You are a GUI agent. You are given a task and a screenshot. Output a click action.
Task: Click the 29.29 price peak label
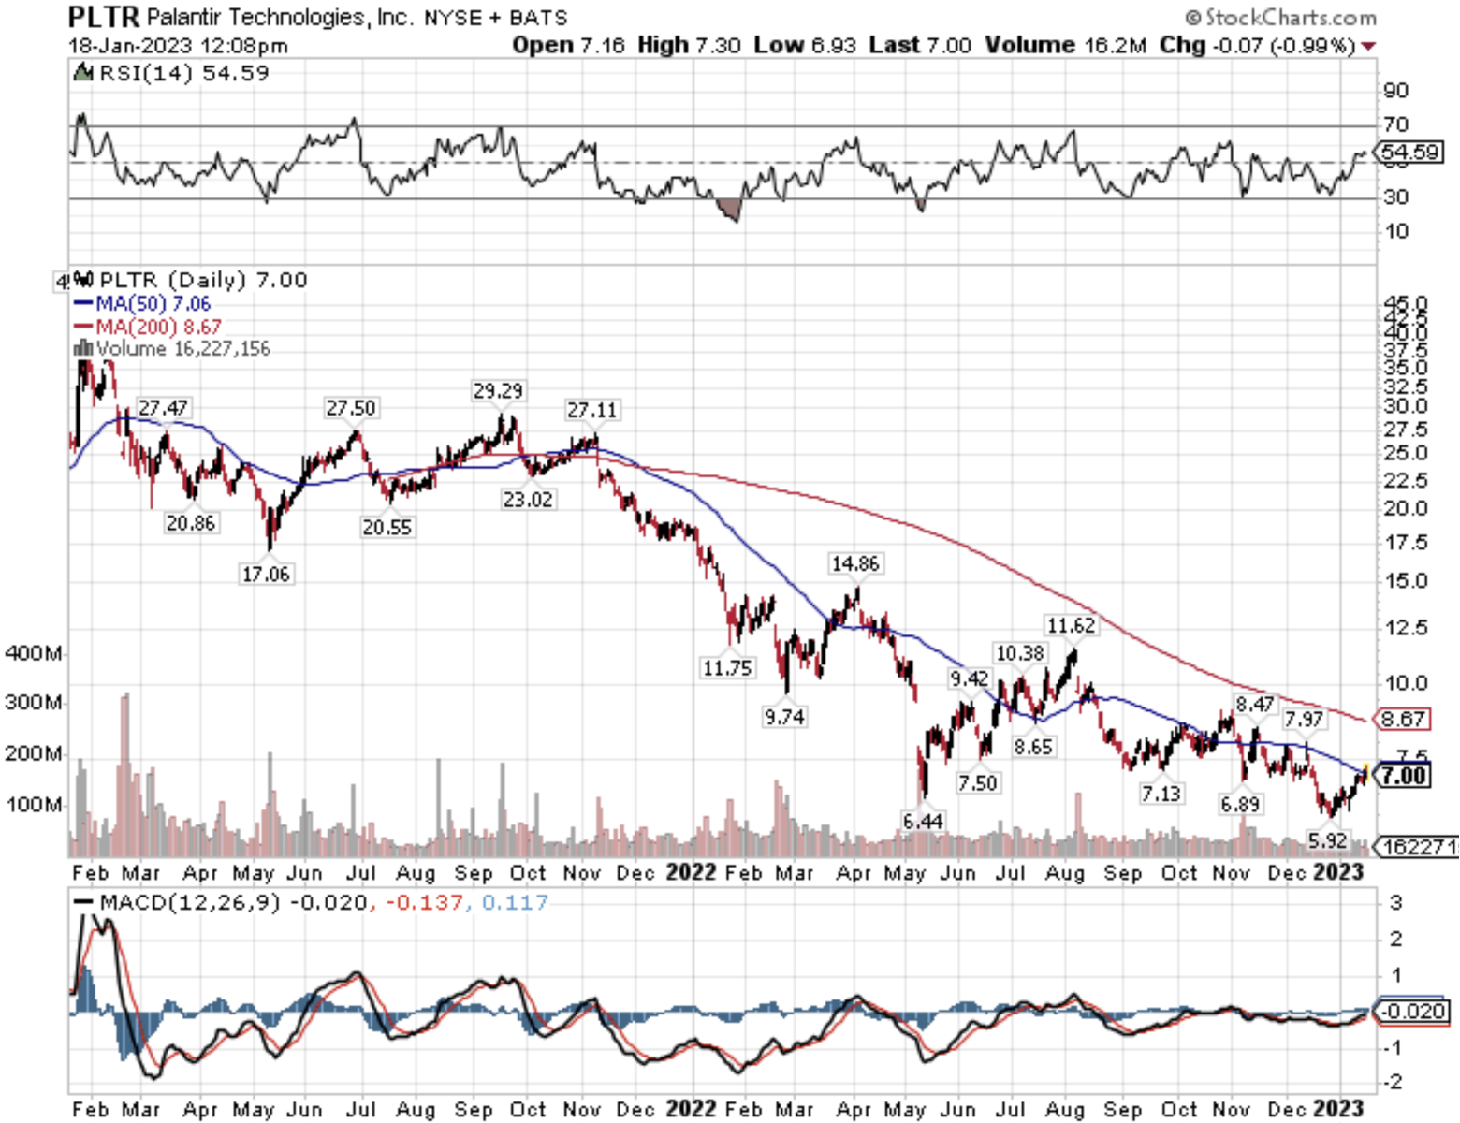pos(498,390)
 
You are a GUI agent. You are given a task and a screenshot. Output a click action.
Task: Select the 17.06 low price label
pos(266,574)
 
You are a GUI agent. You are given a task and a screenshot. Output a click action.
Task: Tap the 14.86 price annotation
pos(855,563)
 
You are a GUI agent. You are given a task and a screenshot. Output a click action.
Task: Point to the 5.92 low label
pos(1327,840)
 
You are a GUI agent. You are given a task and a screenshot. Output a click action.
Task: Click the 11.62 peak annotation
pos(1071,625)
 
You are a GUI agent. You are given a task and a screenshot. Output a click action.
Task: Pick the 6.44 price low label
pos(923,821)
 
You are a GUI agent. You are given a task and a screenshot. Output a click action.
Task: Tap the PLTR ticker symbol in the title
pos(103,17)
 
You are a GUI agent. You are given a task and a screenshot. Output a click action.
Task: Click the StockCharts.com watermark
pos(1280,17)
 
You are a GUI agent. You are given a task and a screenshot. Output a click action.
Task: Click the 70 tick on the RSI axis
pos(1396,124)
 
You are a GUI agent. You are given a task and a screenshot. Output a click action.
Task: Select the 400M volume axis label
pos(34,653)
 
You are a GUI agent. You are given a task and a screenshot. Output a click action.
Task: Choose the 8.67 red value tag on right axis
pos(1402,719)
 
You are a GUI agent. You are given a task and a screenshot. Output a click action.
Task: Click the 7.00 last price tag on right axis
pos(1404,775)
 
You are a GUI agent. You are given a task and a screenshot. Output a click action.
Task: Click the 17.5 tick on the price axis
pos(1406,543)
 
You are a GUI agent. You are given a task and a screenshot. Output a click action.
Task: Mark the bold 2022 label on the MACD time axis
pos(691,1109)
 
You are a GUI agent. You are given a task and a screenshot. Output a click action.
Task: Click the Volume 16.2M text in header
pos(1065,45)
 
